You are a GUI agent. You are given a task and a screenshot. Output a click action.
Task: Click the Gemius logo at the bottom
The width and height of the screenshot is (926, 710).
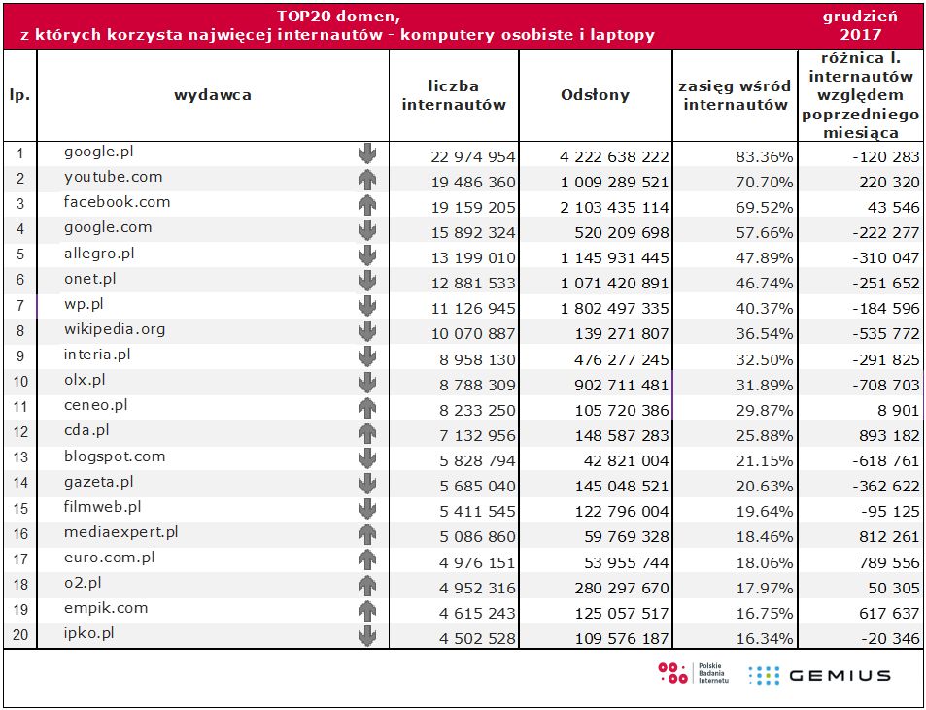coord(818,675)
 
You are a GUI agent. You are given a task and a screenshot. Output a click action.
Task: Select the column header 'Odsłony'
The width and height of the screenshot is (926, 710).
coord(595,95)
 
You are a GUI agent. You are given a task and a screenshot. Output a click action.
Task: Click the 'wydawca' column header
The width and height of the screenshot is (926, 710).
coord(213,95)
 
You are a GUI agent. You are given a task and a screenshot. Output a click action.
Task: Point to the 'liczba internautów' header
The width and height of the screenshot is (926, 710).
coord(454,95)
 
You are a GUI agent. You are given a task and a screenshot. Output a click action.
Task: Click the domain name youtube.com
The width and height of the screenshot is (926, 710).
coord(113,177)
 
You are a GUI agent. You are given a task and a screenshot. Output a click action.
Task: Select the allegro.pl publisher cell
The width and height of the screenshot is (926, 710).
coord(99,253)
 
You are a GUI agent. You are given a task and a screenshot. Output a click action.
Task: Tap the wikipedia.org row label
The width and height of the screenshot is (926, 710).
coord(115,329)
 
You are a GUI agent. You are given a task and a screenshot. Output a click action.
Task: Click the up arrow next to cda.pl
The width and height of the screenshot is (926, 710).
coord(366,432)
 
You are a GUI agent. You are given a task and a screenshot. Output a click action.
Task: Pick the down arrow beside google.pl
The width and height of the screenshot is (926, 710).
coord(366,153)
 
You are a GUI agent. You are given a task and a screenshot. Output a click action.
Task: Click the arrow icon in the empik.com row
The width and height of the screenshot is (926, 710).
coord(366,611)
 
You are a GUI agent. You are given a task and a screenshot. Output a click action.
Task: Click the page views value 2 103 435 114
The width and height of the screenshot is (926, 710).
coord(615,207)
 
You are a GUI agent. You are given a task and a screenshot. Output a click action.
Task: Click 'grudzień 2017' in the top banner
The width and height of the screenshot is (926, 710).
coord(859,25)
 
